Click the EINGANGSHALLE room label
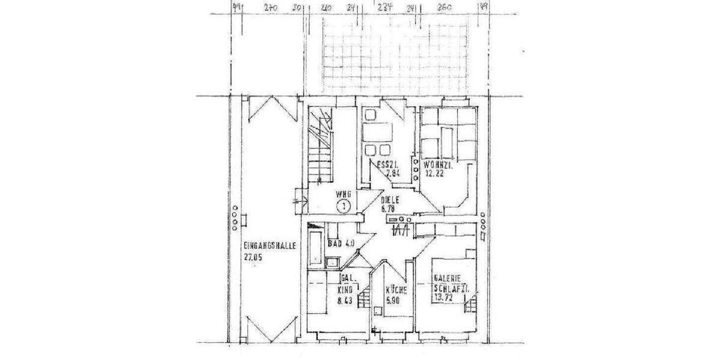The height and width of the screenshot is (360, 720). (x=270, y=245)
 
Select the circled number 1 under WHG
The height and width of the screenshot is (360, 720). (x=343, y=207)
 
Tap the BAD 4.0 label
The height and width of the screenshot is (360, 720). (x=343, y=243)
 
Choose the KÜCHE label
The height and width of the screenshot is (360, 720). (x=397, y=290)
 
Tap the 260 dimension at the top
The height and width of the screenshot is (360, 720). (x=445, y=8)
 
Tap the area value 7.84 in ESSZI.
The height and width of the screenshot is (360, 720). (x=393, y=174)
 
